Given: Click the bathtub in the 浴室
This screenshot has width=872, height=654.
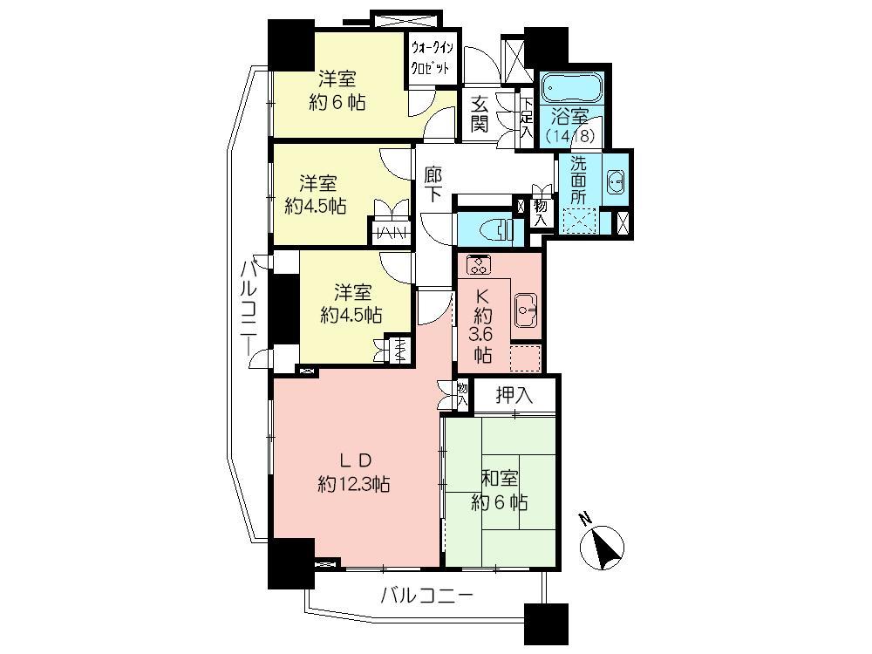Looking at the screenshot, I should coord(572,88).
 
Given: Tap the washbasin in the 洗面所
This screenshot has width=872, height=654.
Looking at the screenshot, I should coord(614,181).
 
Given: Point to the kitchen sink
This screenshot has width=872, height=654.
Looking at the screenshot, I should coord(526,307).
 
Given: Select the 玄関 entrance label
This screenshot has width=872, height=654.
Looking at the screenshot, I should coord(480,113).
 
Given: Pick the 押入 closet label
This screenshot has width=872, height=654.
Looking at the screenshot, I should coord(514,395).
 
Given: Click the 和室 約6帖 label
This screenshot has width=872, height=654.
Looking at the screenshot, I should coord(499,489).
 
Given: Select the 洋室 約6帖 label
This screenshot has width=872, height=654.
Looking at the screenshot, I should coord(336,90).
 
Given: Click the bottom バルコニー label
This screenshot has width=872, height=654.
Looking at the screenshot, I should coord(426,596).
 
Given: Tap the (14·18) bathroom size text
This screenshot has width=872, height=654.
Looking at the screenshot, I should coord(571,136).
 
